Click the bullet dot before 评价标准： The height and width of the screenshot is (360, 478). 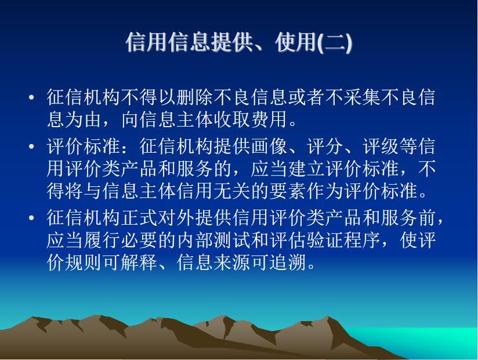(31, 147)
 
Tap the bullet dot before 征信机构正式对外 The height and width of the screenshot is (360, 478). (31, 218)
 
